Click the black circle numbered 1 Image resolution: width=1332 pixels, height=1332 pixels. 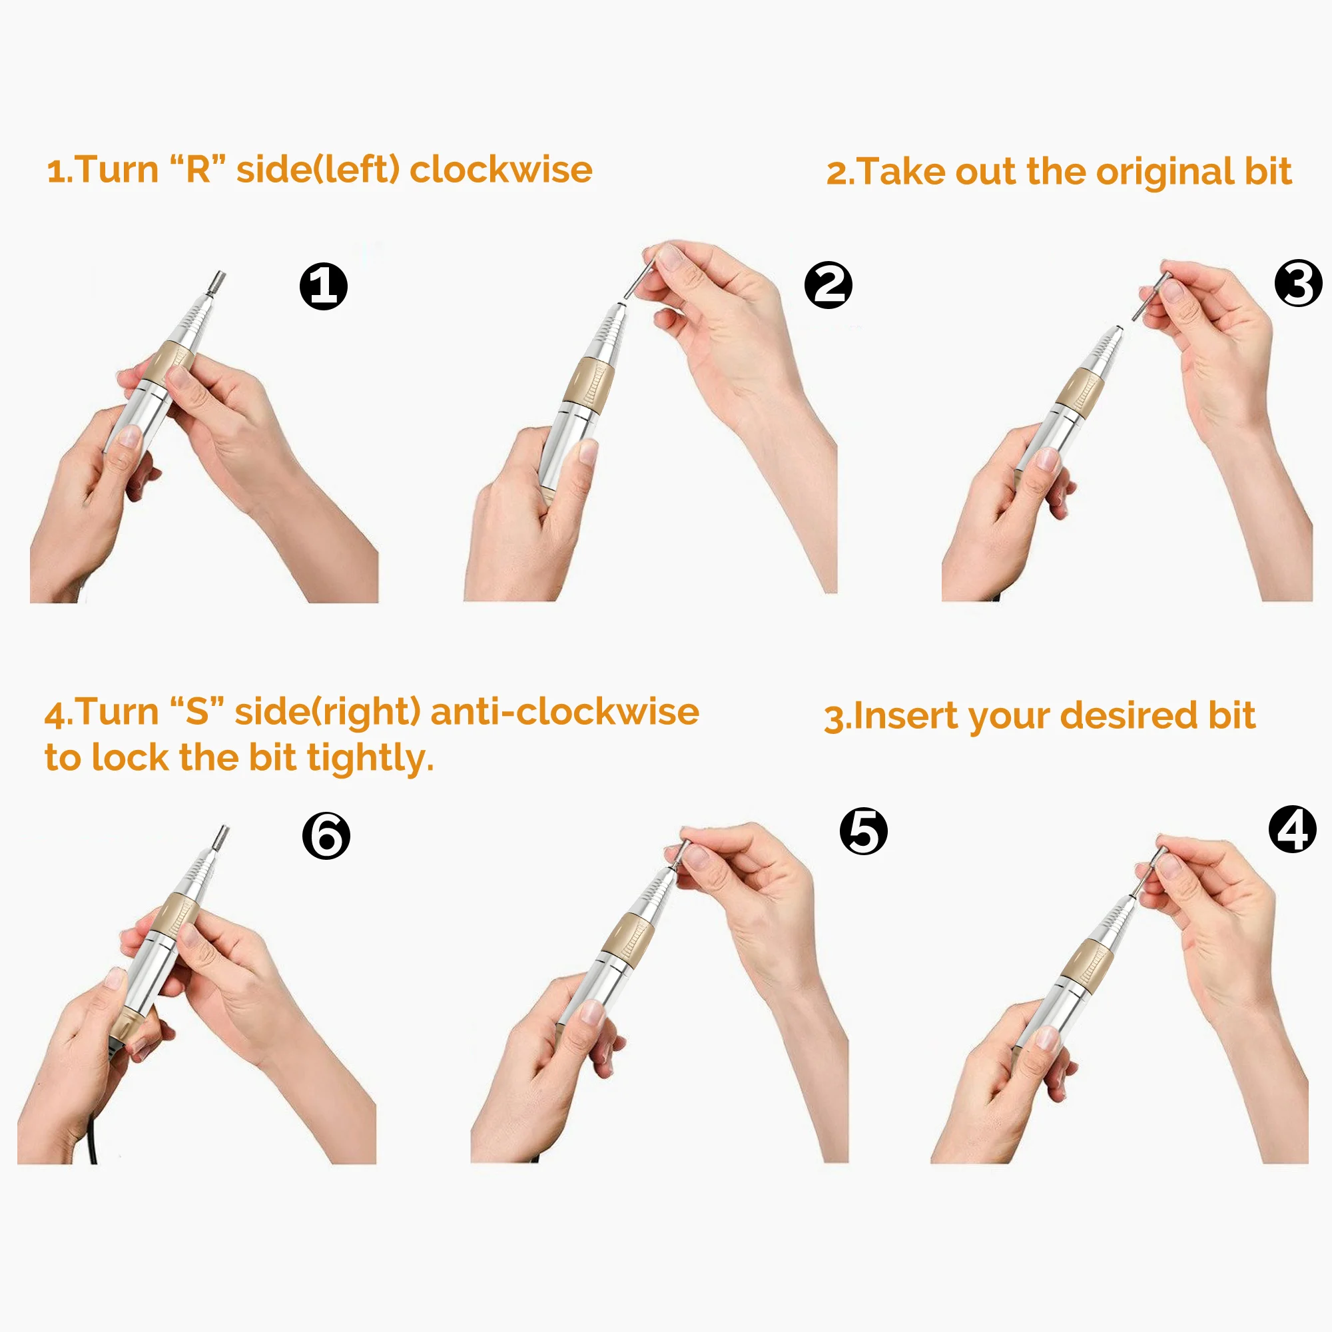tap(324, 286)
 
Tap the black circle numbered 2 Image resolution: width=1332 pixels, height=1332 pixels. tap(828, 285)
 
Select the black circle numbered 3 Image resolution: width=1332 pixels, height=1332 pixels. tap(1298, 282)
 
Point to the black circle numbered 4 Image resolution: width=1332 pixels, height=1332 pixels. tap(1293, 829)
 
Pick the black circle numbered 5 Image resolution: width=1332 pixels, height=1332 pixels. tap(863, 831)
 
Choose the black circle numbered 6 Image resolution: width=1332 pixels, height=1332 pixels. tap(326, 836)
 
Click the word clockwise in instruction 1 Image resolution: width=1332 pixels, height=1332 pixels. tap(501, 170)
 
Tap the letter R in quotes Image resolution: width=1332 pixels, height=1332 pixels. tap(198, 170)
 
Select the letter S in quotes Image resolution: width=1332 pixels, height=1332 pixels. tap(196, 711)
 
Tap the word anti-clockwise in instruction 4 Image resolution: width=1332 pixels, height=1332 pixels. tap(565, 711)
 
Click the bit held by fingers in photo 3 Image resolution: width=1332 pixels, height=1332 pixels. tap(1151, 295)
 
